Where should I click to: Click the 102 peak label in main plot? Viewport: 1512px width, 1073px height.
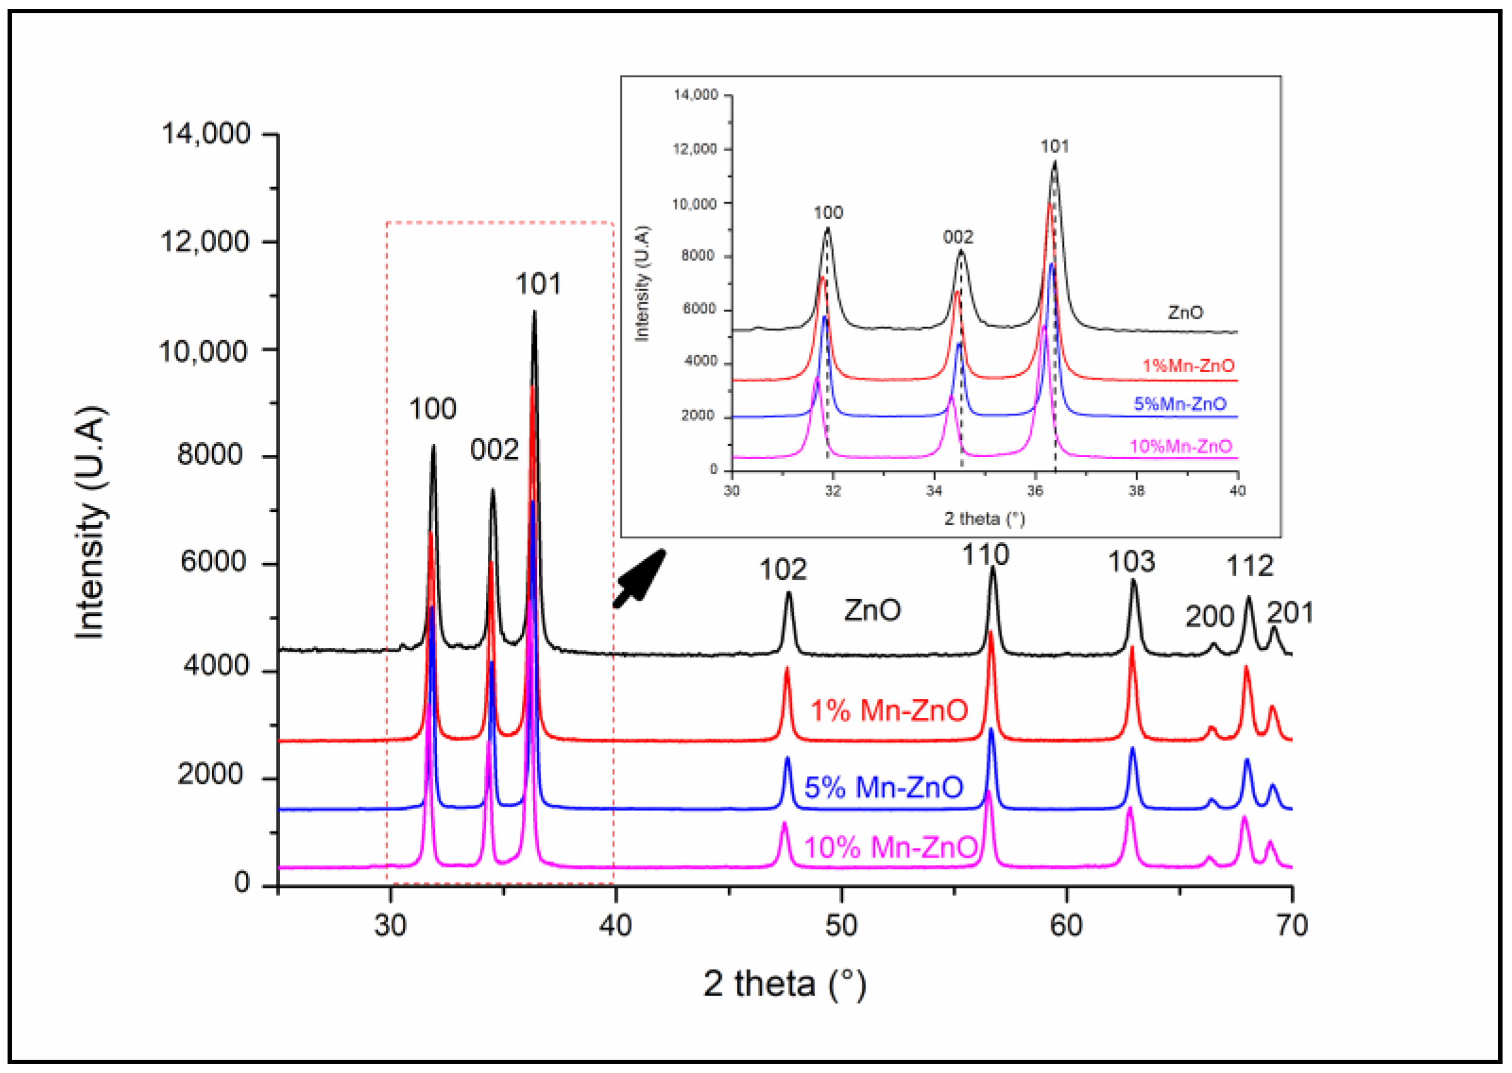click(x=782, y=569)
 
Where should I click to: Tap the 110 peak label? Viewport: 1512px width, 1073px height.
click(x=985, y=554)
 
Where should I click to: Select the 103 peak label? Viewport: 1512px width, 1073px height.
click(x=1132, y=562)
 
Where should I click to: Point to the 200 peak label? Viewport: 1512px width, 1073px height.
click(x=1209, y=616)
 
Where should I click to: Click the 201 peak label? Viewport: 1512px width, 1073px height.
click(x=1289, y=613)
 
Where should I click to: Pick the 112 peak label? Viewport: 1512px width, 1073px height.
click(x=1250, y=566)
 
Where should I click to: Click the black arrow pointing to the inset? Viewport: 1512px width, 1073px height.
click(x=639, y=578)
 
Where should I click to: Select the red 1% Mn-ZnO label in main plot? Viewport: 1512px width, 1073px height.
click(x=889, y=710)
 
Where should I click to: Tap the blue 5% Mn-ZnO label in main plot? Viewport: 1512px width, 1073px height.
click(x=883, y=787)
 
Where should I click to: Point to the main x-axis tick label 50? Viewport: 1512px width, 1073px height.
click(x=841, y=925)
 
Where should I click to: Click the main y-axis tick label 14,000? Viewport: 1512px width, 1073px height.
click(x=206, y=133)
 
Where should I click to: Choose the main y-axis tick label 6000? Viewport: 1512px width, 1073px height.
click(x=213, y=562)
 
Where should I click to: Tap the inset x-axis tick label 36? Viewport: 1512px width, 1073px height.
click(x=1035, y=491)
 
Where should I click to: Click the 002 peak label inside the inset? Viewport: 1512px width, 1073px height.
click(x=958, y=237)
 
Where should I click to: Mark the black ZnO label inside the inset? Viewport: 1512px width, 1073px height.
click(x=1185, y=312)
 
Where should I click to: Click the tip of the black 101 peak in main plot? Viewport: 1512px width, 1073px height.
click(x=534, y=311)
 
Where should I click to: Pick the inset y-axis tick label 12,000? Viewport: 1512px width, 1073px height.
click(x=695, y=149)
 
